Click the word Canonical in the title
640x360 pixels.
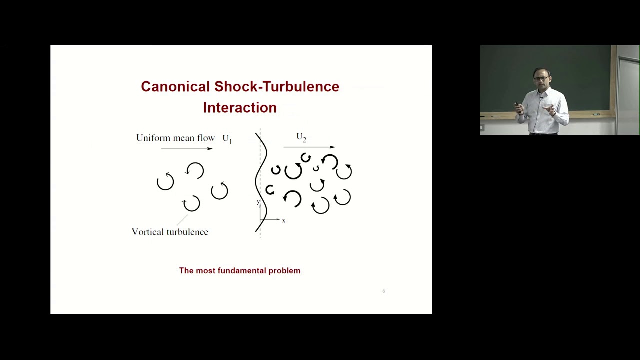point(175,87)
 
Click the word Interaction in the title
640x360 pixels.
point(240,108)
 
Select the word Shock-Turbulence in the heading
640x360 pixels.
point(277,87)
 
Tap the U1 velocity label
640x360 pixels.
point(227,139)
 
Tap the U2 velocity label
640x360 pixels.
point(301,137)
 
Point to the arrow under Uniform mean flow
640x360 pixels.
point(187,148)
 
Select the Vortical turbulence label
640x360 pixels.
point(170,232)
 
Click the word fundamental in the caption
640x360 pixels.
point(240,271)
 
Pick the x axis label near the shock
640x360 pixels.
point(283,221)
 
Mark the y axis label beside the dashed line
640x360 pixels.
point(258,202)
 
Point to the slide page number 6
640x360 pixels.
point(383,291)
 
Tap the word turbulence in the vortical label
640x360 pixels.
point(186,232)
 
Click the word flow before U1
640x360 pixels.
point(206,138)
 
